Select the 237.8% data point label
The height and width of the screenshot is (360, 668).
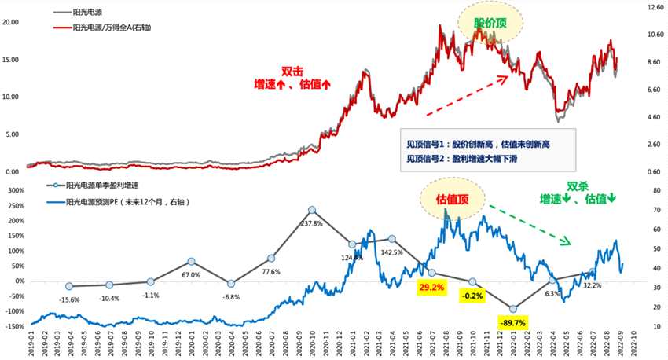(x=312, y=223)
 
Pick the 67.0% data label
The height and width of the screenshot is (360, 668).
(x=193, y=275)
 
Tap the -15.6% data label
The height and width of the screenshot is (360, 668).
(x=70, y=299)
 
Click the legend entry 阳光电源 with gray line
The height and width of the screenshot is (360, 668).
(x=89, y=13)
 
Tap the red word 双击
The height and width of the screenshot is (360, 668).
(x=292, y=70)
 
